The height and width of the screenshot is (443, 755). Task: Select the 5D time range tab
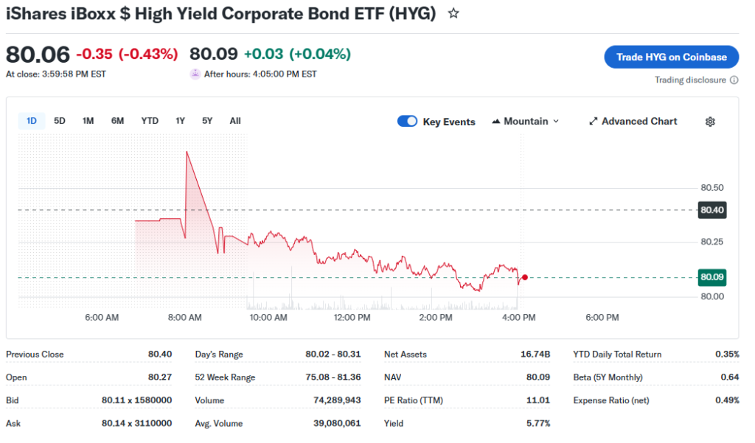click(x=60, y=121)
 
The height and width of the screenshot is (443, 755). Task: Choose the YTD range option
click(x=150, y=121)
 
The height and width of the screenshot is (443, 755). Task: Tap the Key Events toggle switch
click(x=407, y=122)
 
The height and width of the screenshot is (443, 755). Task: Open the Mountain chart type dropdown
click(x=526, y=122)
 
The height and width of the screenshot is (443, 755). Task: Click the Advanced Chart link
click(x=633, y=122)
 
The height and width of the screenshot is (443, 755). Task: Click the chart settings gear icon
click(x=710, y=122)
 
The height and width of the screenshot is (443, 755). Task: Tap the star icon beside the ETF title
click(x=453, y=13)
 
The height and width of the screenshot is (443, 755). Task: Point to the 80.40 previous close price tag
click(x=711, y=210)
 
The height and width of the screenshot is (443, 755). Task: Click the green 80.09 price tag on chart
click(x=711, y=277)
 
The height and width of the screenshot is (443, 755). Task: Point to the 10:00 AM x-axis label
click(x=268, y=318)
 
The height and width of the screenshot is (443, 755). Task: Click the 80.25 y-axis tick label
click(x=711, y=242)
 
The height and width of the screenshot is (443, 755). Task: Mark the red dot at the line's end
click(x=524, y=277)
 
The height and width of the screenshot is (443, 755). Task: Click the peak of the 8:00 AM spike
click(x=187, y=152)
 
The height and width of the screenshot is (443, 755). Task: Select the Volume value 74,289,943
click(x=340, y=400)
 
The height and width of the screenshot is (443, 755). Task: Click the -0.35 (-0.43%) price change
click(x=127, y=54)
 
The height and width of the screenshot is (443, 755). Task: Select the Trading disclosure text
click(x=690, y=80)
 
